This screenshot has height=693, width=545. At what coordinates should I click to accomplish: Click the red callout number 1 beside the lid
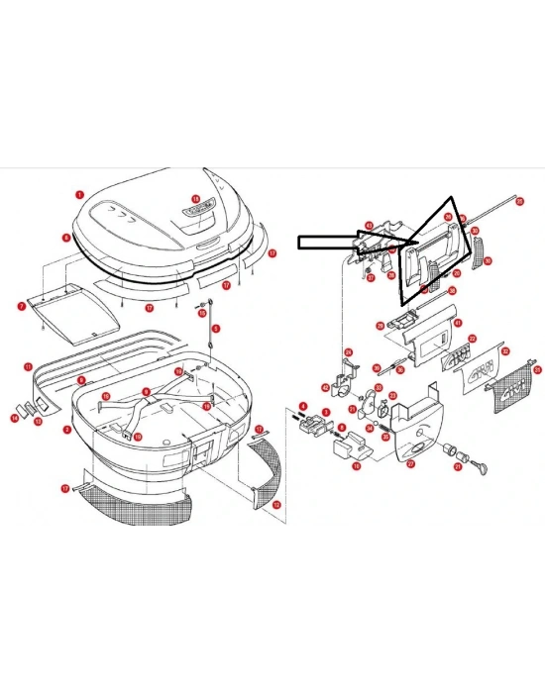click(79, 195)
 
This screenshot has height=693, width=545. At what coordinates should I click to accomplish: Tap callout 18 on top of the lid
click(195, 199)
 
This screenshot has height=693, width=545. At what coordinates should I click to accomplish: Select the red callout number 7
click(21, 307)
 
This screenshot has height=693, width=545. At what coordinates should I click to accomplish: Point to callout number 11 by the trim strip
click(28, 366)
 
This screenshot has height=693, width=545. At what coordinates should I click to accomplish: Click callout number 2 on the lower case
click(67, 430)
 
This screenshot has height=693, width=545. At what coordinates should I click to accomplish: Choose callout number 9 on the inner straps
click(146, 393)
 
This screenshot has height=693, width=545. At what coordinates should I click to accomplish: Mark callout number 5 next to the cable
click(216, 328)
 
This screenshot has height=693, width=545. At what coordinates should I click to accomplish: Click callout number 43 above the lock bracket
click(368, 226)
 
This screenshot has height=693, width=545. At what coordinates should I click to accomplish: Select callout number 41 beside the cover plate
click(457, 323)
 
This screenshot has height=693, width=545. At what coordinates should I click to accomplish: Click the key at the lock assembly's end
click(483, 462)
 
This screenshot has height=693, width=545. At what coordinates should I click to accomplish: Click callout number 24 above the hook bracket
click(348, 352)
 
